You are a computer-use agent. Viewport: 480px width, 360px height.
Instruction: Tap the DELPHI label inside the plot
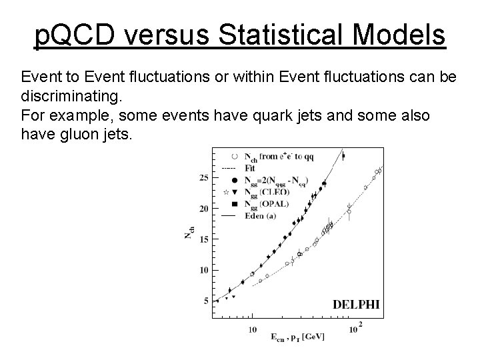click(356, 304)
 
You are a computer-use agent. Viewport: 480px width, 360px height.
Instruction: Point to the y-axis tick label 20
click(204, 209)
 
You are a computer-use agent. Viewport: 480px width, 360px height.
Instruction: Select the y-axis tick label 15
click(204, 239)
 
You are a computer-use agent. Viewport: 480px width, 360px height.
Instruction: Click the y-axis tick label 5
click(206, 301)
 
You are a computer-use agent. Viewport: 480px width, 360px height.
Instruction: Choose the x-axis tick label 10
click(253, 329)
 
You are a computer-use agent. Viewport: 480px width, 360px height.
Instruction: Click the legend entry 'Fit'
click(251, 168)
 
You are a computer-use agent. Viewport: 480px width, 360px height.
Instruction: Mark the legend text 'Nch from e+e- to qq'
click(279, 157)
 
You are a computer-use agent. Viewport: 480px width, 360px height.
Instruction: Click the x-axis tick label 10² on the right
click(354, 327)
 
